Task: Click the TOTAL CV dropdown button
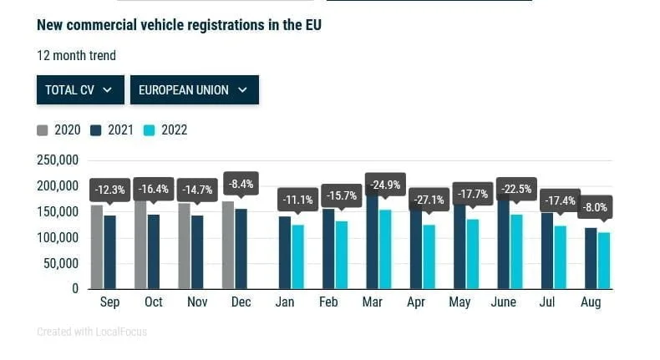pyautogui.click(x=80, y=89)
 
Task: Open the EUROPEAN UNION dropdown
pyautogui.click(x=194, y=89)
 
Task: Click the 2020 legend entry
pyautogui.click(x=59, y=130)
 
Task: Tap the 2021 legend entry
pyautogui.click(x=113, y=130)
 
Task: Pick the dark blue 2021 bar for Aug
pyautogui.click(x=591, y=258)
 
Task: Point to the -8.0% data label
pyautogui.click(x=596, y=206)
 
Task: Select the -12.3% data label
pyautogui.click(x=109, y=190)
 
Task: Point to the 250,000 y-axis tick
pyautogui.click(x=58, y=160)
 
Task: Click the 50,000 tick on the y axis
pyautogui.click(x=61, y=263)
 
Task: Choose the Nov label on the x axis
pyautogui.click(x=197, y=302)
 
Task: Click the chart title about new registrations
pyautogui.click(x=179, y=25)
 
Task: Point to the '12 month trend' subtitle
pyautogui.click(x=76, y=56)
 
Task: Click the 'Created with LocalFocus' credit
pyautogui.click(x=92, y=332)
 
